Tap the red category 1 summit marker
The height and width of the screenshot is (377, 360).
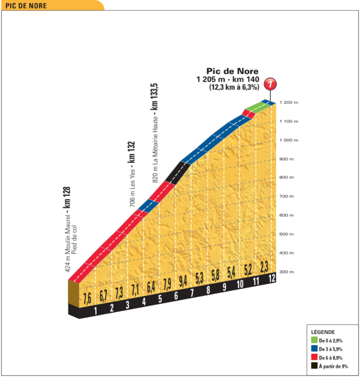[x=271, y=85]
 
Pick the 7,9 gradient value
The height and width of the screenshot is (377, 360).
[x=167, y=283]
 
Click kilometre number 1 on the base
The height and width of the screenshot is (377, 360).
[x=95, y=310]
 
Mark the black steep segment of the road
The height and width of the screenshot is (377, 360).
[x=176, y=172]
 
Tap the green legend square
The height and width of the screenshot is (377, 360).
[x=314, y=340]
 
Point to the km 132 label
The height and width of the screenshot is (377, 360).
[x=131, y=152]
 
